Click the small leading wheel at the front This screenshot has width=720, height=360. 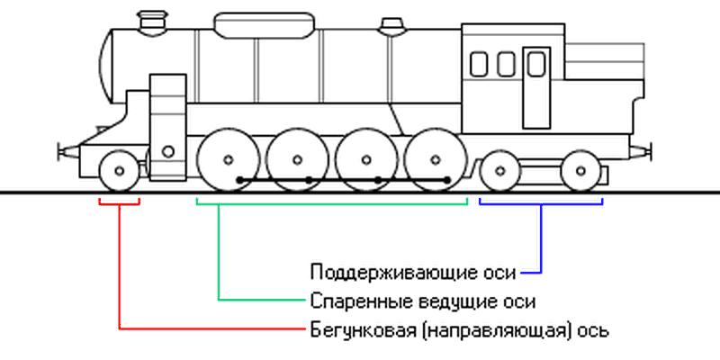point(119,170)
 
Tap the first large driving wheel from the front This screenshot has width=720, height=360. point(227,160)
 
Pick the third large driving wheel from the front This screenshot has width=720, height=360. point(366,160)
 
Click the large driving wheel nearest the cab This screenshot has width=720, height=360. point(436,160)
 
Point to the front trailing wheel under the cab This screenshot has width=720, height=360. point(499,170)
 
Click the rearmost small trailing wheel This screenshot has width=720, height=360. point(580,170)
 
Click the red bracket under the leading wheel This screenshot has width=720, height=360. point(119,202)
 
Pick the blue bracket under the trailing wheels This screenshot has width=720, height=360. point(541,202)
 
